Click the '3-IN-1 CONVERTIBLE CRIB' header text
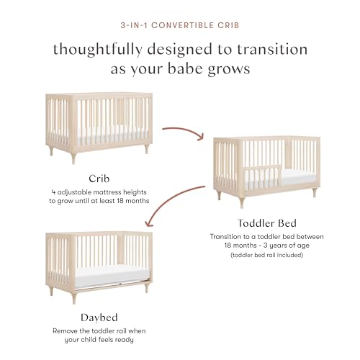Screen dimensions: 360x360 click(x=180, y=24)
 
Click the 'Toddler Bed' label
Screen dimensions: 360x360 click(x=267, y=222)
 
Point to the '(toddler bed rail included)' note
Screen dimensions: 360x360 click(x=267, y=256)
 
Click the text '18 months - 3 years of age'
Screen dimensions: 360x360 click(x=267, y=246)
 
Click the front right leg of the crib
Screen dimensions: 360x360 click(x=146, y=148)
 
